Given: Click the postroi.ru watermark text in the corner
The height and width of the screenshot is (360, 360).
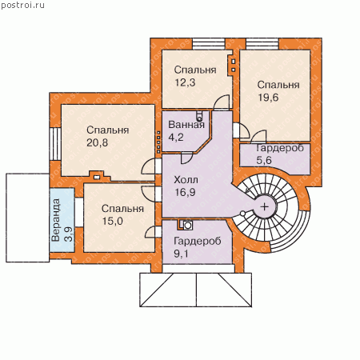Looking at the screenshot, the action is (x=22, y=6).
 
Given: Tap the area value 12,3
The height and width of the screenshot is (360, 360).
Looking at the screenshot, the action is (x=185, y=82).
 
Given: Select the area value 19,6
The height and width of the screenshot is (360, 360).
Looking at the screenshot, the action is (x=268, y=98).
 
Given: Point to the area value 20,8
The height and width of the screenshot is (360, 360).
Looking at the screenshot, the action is (x=97, y=142).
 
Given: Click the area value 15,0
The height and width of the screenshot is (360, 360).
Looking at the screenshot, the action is (x=112, y=221).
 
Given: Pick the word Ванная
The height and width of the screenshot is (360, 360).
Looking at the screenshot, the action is (x=186, y=125).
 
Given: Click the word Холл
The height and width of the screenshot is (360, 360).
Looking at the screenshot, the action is (x=186, y=180).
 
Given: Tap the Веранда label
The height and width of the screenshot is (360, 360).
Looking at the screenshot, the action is (x=56, y=220).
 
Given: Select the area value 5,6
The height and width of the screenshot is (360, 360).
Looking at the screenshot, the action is (x=264, y=160).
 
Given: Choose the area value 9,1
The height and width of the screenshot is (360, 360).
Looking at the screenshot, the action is (x=181, y=254).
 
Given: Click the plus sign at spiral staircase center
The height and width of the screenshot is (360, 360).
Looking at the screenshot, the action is (x=265, y=206).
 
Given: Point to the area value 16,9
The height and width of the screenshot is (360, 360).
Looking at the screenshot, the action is (x=185, y=192).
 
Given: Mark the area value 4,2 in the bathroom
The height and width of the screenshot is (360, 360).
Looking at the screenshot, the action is (x=176, y=137).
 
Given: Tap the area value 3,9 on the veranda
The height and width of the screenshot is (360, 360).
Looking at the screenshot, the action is (x=69, y=234).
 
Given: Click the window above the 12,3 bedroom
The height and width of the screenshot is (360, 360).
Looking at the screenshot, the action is (x=209, y=44).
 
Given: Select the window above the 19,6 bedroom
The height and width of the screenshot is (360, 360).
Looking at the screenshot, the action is (x=262, y=44).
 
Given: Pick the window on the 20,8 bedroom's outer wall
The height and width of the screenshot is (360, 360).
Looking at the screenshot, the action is (x=55, y=144).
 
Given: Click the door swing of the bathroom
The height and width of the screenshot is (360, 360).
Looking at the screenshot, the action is (x=186, y=158).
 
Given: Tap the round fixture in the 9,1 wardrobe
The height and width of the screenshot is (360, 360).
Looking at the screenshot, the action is (x=188, y=226).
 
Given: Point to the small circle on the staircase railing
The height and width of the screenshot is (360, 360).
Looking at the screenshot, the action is (x=242, y=214).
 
